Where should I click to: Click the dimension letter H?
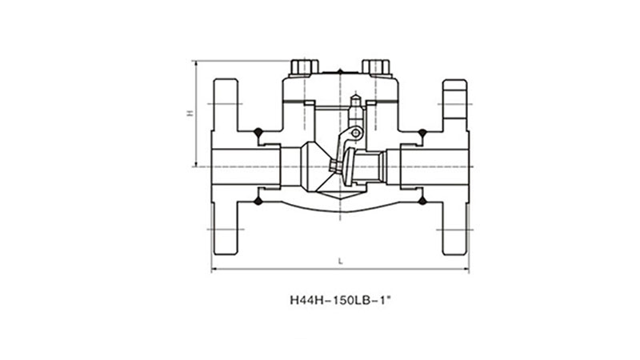point(190,113)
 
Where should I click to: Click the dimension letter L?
point(341,262)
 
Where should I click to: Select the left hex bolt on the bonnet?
point(304,68)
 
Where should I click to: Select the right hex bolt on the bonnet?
point(376,68)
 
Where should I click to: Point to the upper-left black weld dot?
point(258,132)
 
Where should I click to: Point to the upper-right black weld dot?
point(422,132)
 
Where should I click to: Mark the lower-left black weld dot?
point(258,201)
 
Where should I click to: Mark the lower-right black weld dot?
point(422,201)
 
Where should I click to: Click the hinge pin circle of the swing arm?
point(356,133)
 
